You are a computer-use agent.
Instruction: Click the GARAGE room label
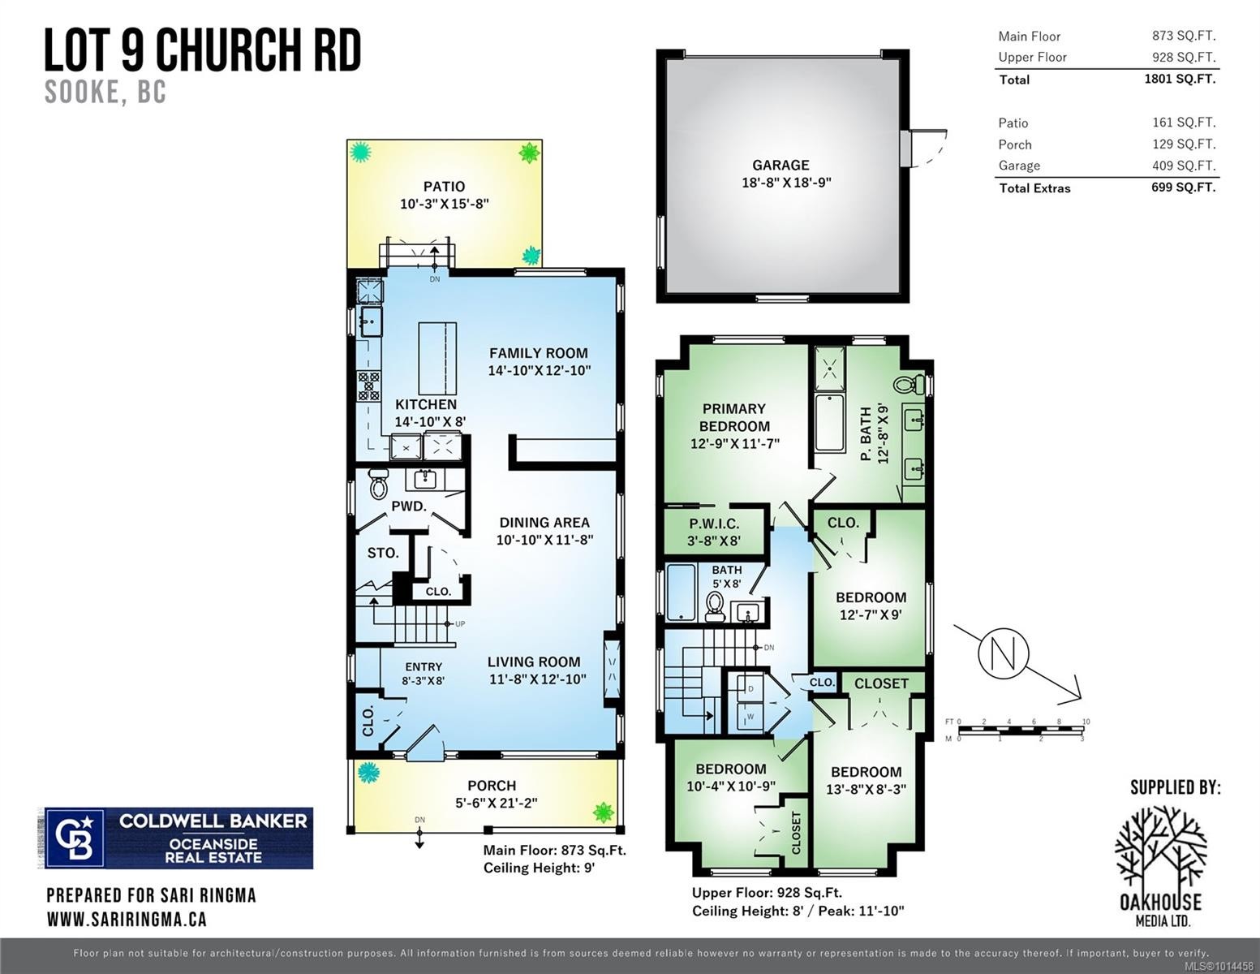[780, 165]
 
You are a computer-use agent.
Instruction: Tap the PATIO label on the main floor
[444, 187]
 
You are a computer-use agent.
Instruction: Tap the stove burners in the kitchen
[368, 386]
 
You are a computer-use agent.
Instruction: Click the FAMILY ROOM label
[538, 353]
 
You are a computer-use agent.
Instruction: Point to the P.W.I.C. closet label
[714, 524]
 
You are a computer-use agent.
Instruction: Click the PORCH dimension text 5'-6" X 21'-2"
[492, 804]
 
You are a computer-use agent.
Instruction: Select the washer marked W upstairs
[749, 716]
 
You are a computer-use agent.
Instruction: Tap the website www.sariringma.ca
[127, 919]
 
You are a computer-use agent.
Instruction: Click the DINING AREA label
[544, 523]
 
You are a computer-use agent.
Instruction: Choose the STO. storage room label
[382, 553]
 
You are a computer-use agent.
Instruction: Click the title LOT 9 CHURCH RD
[202, 50]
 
